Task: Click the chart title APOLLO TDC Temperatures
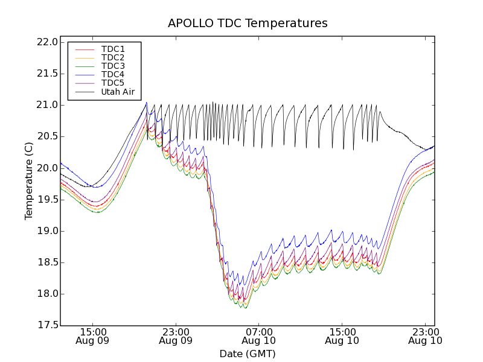248,24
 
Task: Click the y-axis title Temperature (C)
29,180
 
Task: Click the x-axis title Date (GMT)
248,354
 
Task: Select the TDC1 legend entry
113,49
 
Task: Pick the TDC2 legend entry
113,58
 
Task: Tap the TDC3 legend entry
113,66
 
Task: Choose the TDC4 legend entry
113,75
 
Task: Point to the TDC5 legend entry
113,83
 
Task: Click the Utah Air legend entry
118,92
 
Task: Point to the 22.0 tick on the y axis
47,42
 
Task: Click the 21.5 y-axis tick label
47,74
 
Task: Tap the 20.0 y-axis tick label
47,168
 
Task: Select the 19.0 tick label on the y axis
47,231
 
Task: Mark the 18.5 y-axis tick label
47,262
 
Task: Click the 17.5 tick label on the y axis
47,326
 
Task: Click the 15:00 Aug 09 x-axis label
93,336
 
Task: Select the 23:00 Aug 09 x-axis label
176,336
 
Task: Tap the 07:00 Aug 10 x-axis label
260,336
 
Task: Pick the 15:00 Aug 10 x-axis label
342,336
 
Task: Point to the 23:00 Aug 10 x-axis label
426,336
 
